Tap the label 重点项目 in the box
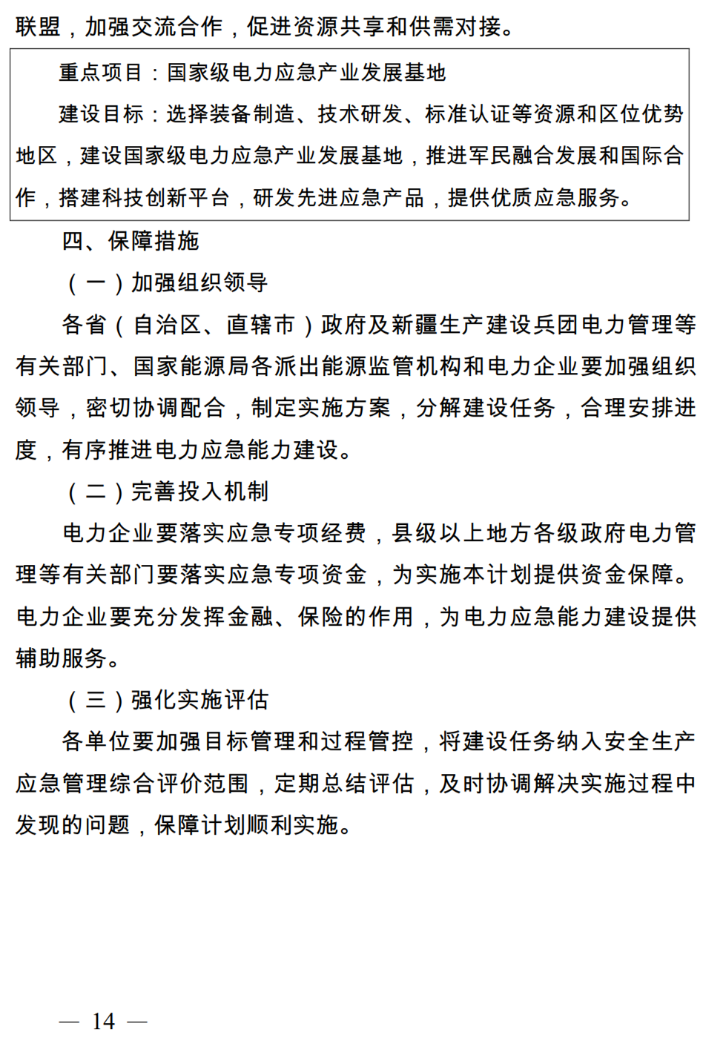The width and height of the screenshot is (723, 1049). [x=101, y=73]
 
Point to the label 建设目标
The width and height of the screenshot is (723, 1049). [x=101, y=114]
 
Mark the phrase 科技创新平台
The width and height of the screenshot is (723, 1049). [x=144, y=198]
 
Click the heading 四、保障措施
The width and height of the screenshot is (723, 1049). [x=131, y=241]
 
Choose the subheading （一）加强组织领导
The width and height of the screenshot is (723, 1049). [x=166, y=282]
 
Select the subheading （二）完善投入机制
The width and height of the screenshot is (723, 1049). [x=166, y=492]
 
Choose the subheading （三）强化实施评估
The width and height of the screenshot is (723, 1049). [x=166, y=700]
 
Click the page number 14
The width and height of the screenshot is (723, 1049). [x=103, y=1022]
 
